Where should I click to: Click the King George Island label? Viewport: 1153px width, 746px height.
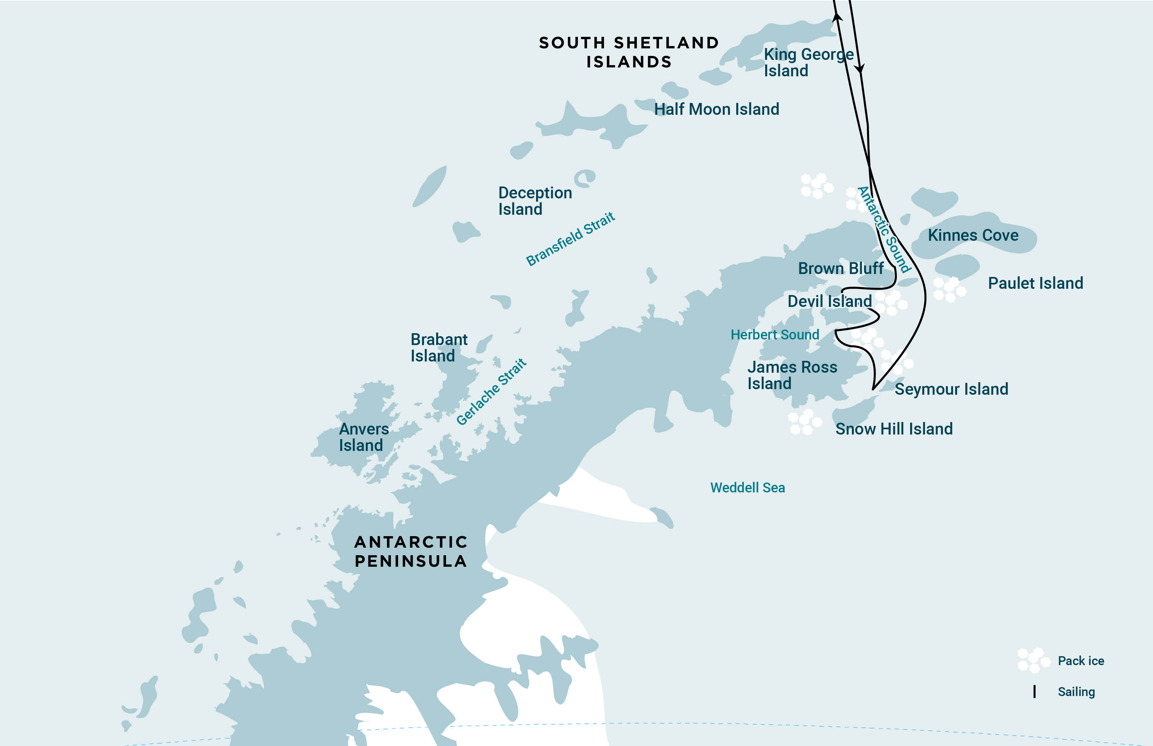tap(808, 62)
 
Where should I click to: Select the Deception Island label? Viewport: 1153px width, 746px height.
tap(534, 201)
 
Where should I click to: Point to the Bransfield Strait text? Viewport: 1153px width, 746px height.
tap(570, 239)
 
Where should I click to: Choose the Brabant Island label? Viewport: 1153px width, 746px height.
tap(438, 347)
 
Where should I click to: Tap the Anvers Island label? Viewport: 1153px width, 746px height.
tap(364, 437)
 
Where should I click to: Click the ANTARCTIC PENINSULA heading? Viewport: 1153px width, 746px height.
tap(411, 551)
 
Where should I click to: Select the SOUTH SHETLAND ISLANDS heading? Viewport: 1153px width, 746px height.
tap(629, 52)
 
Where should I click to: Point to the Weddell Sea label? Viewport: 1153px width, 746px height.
tap(747, 488)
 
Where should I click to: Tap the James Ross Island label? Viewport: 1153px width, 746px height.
tap(792, 375)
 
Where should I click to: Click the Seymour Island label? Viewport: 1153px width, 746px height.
tap(951, 389)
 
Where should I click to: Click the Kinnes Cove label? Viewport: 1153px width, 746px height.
tap(973, 236)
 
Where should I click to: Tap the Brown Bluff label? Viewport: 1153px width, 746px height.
tap(841, 268)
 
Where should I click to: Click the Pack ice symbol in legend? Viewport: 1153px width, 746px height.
tap(1033, 660)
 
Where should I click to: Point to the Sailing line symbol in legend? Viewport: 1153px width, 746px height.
tap(1034, 692)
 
